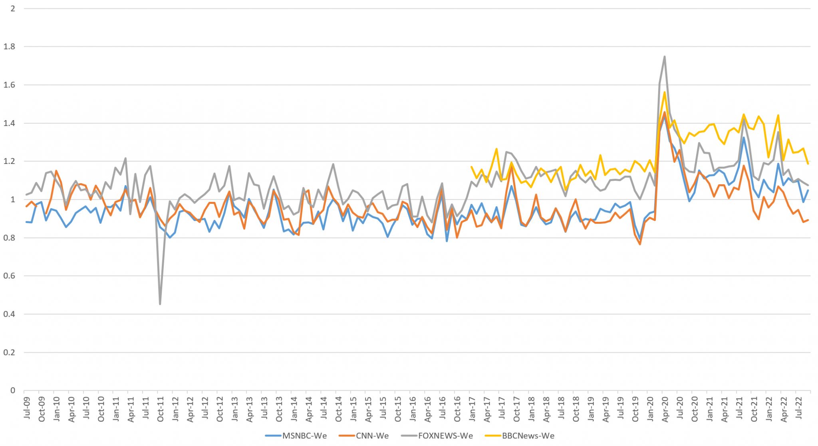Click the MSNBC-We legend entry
(296, 436)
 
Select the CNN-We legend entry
(364, 436)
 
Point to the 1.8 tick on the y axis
(9, 47)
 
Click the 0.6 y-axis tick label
(9, 276)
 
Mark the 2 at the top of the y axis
(13, 8)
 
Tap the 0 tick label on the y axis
(13, 391)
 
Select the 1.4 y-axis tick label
(9, 123)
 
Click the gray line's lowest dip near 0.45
(160, 304)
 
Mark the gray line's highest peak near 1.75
(664, 56)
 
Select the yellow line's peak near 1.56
(664, 92)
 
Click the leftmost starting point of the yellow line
(472, 167)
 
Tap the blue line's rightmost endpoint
(808, 190)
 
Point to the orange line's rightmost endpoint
(808, 220)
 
